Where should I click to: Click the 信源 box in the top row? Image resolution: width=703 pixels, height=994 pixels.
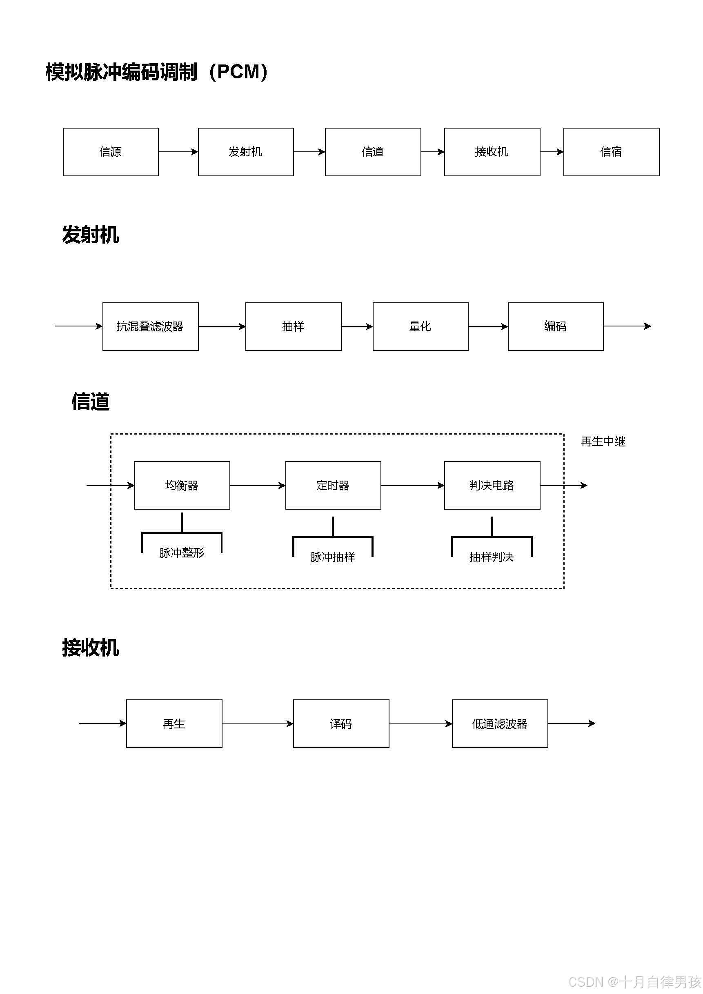point(111,152)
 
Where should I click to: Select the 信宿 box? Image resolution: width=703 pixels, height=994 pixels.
point(611,152)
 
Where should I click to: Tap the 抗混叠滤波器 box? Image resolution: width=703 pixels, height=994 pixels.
point(150,326)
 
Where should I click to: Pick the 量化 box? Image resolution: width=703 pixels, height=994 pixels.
point(420,326)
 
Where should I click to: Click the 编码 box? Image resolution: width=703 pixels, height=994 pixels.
point(555,326)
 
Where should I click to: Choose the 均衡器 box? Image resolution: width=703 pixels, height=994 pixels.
point(182,485)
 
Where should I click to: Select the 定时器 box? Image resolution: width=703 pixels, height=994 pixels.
point(333,485)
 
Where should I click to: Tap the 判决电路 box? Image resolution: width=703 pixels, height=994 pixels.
point(492,485)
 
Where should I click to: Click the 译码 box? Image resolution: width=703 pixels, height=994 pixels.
point(341,723)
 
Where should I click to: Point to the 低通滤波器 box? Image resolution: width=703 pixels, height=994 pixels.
point(500,723)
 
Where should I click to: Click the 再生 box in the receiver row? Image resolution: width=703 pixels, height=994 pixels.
point(174,723)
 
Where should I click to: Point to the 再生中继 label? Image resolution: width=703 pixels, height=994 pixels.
point(603,442)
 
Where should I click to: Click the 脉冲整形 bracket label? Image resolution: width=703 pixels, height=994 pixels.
point(182,553)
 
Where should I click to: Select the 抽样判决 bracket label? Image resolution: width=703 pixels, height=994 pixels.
point(492,557)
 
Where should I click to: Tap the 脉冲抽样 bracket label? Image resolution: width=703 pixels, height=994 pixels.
point(333,557)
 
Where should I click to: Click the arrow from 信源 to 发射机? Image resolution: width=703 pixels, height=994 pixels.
point(178,152)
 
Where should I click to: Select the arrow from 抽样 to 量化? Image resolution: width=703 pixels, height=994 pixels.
point(357,326)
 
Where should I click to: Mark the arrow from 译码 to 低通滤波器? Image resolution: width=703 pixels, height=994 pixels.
point(420,723)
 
